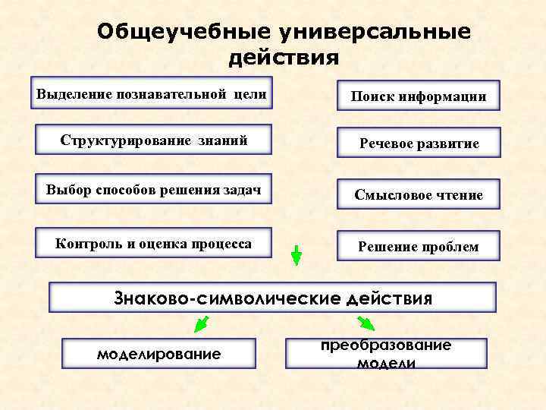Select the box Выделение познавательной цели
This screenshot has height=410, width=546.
click(152, 95)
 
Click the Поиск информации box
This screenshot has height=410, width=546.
click(418, 96)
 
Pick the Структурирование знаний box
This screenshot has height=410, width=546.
click(153, 141)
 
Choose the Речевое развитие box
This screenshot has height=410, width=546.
click(418, 143)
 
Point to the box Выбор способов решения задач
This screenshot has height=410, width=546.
click(153, 188)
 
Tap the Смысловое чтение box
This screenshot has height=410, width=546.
click(418, 195)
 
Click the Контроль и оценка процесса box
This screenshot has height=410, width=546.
click(153, 244)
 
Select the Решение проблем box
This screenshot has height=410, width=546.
click(418, 246)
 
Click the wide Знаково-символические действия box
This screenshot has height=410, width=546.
click(272, 298)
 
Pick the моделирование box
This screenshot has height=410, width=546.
click(158, 354)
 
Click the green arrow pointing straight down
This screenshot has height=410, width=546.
click(297, 255)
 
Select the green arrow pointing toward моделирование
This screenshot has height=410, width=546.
click(202, 324)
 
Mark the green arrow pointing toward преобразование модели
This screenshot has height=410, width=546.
click(366, 324)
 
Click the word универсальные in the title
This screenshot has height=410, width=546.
click(375, 32)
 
